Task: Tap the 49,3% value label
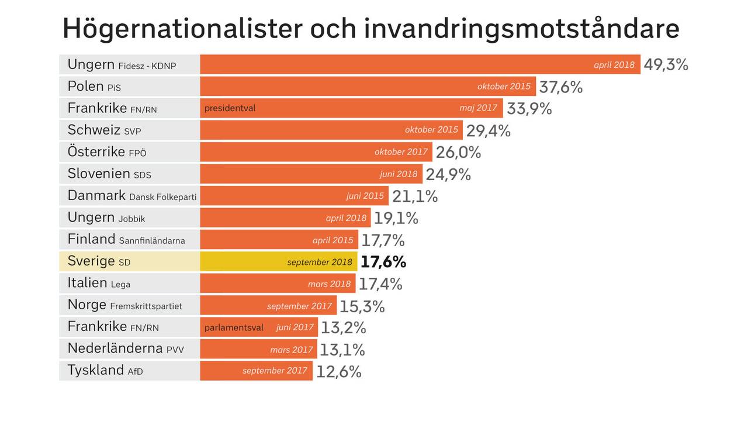click(666, 65)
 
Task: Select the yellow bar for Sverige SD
click(278, 261)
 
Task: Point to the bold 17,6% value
click(383, 262)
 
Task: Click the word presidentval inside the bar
click(230, 108)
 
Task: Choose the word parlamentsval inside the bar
click(234, 327)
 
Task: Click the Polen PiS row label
click(94, 87)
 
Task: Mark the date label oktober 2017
click(401, 152)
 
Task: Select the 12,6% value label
click(339, 371)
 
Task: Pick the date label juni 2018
click(399, 174)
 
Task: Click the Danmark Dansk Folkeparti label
click(131, 196)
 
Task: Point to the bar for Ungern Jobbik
click(285, 218)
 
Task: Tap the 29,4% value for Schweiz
click(488, 131)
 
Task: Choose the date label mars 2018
click(330, 284)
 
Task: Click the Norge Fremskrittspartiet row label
click(124, 305)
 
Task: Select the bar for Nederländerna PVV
click(258, 349)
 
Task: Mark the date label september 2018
click(320, 262)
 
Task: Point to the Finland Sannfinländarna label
click(126, 240)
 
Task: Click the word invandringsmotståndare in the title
click(521, 29)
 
